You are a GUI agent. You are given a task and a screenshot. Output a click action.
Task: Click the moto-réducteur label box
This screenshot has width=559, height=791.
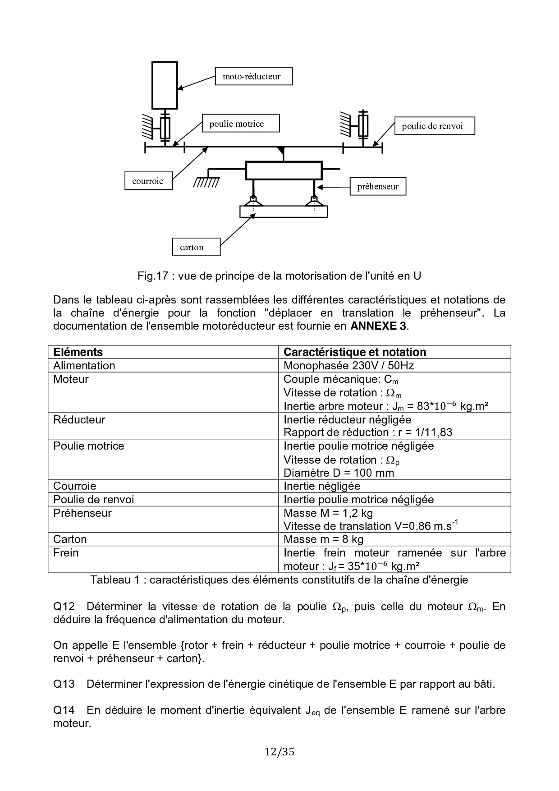[254, 76]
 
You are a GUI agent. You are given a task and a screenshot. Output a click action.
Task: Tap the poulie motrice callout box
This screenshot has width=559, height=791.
[241, 124]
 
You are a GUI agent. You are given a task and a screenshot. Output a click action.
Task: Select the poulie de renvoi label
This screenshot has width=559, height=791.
[435, 126]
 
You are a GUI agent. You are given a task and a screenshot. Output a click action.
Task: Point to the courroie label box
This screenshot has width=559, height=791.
[148, 181]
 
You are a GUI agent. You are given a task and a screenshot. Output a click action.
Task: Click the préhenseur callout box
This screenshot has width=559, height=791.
[378, 186]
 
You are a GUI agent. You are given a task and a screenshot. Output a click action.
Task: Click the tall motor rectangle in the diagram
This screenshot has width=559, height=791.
[165, 85]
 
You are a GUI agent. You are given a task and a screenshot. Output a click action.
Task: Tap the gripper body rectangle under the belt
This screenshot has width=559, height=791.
[284, 171]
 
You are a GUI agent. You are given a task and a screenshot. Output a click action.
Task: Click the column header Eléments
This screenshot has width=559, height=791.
[78, 352]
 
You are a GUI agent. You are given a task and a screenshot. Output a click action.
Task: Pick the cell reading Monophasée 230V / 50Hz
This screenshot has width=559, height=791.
[348, 366]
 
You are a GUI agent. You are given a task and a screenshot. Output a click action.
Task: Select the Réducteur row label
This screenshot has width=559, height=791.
[79, 419]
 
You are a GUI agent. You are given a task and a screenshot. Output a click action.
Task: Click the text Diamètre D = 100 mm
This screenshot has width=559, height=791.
[339, 473]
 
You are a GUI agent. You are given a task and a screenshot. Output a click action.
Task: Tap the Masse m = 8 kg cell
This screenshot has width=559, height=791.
[323, 539]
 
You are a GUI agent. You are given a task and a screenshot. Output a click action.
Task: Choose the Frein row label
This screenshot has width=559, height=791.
[66, 553]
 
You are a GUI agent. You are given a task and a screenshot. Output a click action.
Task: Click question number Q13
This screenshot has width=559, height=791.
[64, 684]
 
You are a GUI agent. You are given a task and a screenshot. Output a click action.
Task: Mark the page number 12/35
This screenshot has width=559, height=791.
[279, 752]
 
